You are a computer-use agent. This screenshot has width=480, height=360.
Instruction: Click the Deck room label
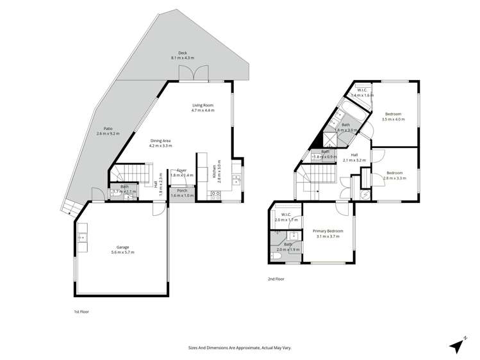[183, 53]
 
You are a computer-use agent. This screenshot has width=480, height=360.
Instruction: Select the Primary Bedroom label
[327, 231]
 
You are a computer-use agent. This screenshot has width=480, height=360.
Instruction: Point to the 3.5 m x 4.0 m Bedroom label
[393, 114]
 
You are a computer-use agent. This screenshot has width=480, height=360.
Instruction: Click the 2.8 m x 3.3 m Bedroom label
[395, 173]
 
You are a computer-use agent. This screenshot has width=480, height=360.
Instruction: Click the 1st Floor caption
[81, 311]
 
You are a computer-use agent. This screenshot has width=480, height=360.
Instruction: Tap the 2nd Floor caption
[276, 279]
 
